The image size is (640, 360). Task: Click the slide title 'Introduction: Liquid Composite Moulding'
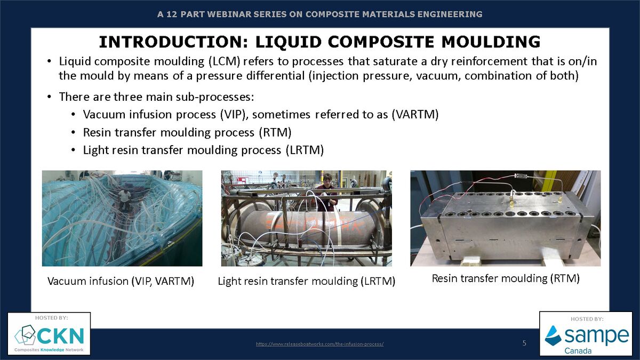[319, 41]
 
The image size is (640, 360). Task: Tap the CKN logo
[49, 336]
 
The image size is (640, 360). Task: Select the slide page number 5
[524, 343]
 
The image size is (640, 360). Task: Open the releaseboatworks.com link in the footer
[319, 344]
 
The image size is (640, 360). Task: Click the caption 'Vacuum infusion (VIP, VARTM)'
[121, 281]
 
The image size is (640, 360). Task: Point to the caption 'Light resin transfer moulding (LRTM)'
[306, 281]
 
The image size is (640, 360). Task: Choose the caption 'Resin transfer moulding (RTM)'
[505, 278]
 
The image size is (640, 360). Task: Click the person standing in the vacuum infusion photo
[124, 199]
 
